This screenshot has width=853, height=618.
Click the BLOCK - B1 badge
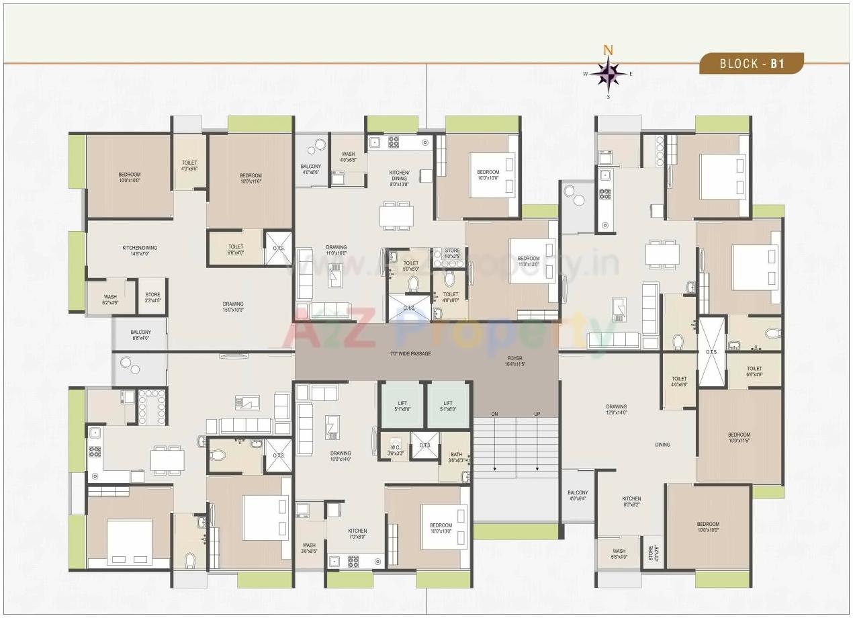[x=752, y=64]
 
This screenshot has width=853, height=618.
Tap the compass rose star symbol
[x=609, y=74]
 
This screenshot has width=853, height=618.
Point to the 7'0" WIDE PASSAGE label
[x=410, y=353]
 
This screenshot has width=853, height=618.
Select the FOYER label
[x=515, y=361]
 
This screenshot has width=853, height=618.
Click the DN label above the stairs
[x=494, y=414]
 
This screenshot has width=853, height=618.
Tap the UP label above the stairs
[x=537, y=414]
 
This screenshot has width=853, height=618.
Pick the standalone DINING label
[x=663, y=445]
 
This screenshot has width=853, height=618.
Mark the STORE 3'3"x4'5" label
[x=152, y=297]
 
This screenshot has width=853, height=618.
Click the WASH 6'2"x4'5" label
[x=110, y=300]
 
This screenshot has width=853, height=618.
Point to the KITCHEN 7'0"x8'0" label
[x=357, y=533]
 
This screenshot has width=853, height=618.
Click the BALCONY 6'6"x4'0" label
[x=140, y=335]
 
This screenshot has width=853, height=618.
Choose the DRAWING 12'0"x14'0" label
[x=616, y=410]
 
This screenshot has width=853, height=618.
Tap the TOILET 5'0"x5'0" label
[x=411, y=266]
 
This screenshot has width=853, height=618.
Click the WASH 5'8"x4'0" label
[x=619, y=554]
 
